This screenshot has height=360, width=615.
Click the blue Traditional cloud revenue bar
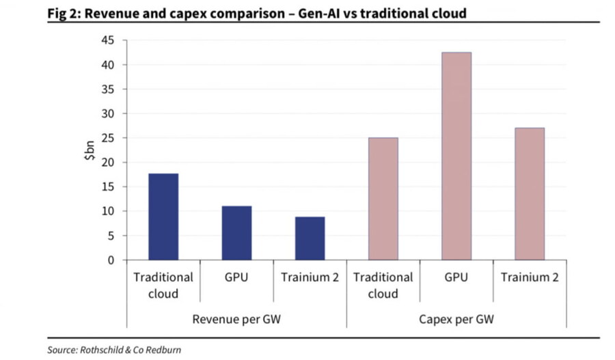163,217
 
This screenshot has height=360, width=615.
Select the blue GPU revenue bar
236,233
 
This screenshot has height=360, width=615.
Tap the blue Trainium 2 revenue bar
310,238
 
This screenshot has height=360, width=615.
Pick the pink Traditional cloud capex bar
383,199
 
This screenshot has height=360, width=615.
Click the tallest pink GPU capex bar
456,156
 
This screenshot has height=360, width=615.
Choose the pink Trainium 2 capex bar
529,194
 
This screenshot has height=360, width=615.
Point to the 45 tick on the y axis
107,40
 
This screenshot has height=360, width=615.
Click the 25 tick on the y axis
107,138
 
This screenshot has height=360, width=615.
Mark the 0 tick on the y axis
110,260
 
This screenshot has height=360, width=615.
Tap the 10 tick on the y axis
107,211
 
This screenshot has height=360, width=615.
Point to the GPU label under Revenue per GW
236,278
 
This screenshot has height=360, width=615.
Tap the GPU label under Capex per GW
456,278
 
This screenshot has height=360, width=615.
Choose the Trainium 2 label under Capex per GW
529,278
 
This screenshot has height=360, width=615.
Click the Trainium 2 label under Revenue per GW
310,278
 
